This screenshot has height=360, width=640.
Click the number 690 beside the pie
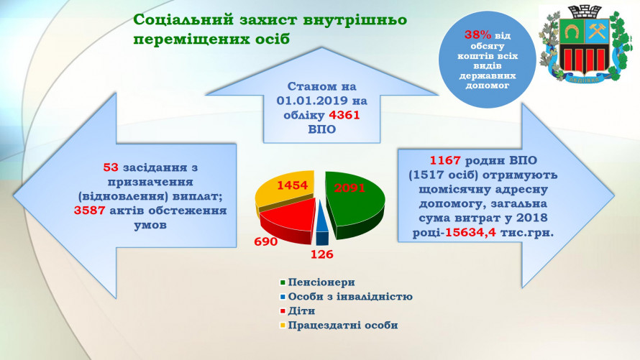pyautogui.click(x=266, y=241)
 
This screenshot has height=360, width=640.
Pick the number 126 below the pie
pyautogui.click(x=322, y=254)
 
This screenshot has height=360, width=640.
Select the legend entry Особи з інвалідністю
pyautogui.click(x=346, y=296)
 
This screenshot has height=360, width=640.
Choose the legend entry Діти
pyautogui.click(x=298, y=310)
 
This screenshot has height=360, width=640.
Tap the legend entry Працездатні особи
pyautogui.click(x=339, y=326)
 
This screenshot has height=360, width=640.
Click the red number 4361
pyautogui.click(x=344, y=116)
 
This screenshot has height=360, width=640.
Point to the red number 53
pyautogui.click(x=111, y=167)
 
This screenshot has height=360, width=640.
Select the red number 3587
pyautogui.click(x=90, y=211)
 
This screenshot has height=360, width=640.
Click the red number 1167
pyautogui.click(x=446, y=160)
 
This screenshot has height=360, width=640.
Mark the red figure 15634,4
pyautogui.click(x=470, y=233)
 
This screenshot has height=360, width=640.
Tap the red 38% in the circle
pyautogui.click(x=477, y=35)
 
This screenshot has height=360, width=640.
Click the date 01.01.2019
pyautogui.click(x=312, y=101)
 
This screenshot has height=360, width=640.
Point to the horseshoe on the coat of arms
pyautogui.click(x=572, y=31)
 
